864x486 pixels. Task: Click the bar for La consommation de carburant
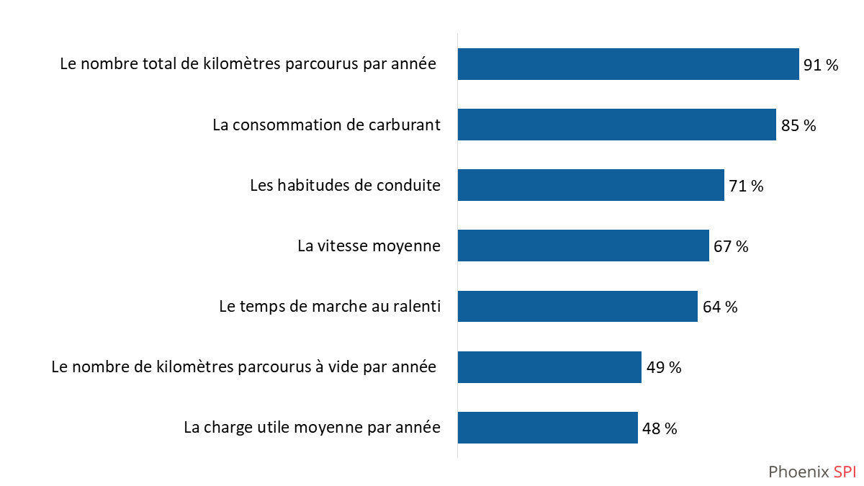click(x=616, y=125)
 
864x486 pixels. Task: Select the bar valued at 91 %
click(x=628, y=64)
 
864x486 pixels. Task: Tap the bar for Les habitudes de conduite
click(x=590, y=185)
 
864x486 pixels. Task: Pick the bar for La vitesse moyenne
click(x=583, y=246)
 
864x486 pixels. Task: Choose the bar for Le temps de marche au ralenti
click(x=577, y=306)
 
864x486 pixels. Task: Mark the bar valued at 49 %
click(x=549, y=367)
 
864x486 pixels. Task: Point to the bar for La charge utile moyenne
click(x=547, y=428)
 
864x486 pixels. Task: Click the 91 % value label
click(x=821, y=66)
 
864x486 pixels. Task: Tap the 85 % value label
click(x=798, y=126)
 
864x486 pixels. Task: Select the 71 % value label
click(x=746, y=186)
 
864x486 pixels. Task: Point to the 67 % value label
click(x=731, y=247)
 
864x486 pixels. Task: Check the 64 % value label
click(x=720, y=307)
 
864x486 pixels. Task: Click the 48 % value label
click(x=660, y=429)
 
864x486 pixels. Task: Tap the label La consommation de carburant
click(x=326, y=125)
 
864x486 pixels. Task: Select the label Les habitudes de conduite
click(x=345, y=185)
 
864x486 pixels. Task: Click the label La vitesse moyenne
click(x=369, y=246)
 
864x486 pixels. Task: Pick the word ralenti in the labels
click(x=415, y=306)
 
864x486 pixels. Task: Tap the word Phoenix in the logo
click(x=798, y=472)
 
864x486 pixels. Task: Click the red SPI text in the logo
click(x=845, y=472)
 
